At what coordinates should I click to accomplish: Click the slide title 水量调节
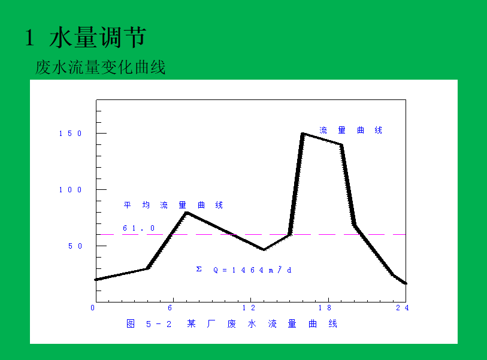[x=98, y=38]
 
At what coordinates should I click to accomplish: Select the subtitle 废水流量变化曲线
[x=100, y=68]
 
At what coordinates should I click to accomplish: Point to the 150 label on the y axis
[x=70, y=134]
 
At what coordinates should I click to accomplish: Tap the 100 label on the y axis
[x=70, y=190]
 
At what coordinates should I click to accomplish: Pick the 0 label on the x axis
[x=93, y=308]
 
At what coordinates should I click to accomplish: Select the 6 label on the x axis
[x=170, y=308]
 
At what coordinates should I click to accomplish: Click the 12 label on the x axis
[x=249, y=308]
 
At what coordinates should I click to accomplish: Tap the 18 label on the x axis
[x=325, y=308]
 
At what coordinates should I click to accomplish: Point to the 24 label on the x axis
[x=403, y=308]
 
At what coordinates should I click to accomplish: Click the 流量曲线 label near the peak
[x=350, y=130]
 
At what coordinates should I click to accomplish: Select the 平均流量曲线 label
[x=173, y=205]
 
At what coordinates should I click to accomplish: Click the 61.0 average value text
[x=138, y=228]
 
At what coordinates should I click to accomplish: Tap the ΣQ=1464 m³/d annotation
[x=244, y=270]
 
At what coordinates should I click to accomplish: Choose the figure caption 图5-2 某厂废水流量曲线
[x=232, y=323]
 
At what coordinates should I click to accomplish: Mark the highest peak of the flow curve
[x=303, y=134]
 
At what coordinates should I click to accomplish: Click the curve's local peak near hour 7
[x=187, y=213]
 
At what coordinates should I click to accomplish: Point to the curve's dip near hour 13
[x=264, y=249]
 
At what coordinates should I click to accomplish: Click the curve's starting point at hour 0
[x=96, y=279]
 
